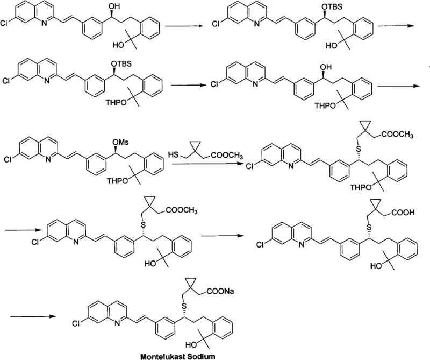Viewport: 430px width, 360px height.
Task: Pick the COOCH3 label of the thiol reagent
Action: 226,156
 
